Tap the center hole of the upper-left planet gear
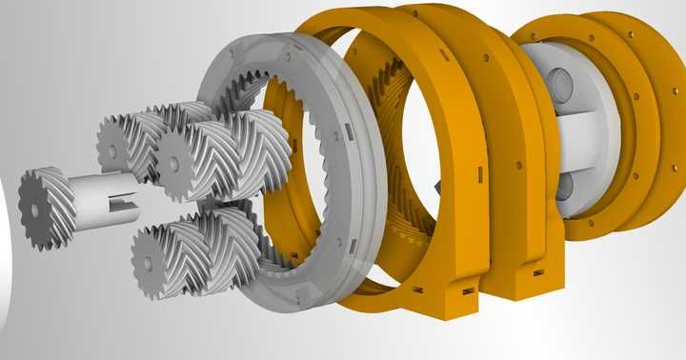112,150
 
